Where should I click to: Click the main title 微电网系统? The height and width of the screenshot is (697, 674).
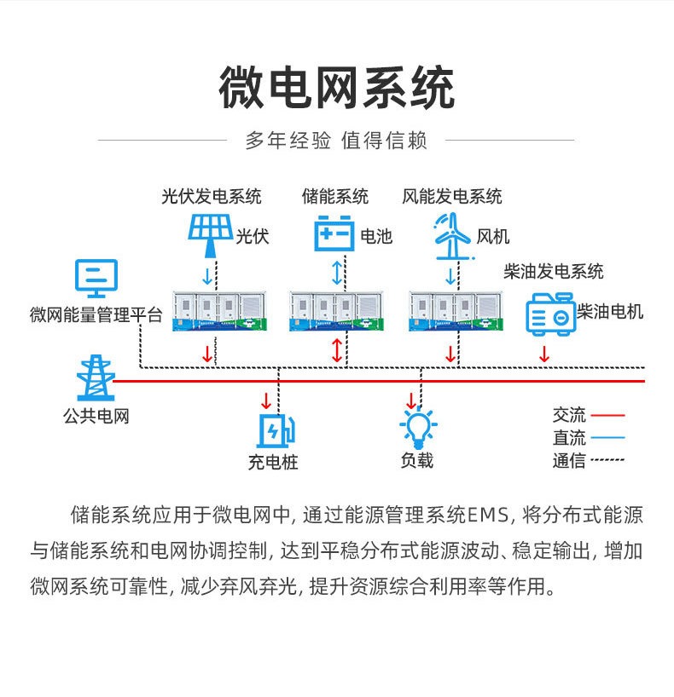tap(336, 89)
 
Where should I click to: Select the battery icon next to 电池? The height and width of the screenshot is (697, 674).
tap(334, 233)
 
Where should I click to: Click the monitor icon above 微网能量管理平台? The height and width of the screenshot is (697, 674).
tap(96, 279)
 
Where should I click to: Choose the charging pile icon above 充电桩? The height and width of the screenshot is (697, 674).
tap(276, 429)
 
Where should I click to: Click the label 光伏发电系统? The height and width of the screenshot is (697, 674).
tap(212, 197)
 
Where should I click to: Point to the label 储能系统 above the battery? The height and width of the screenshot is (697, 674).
tap(335, 197)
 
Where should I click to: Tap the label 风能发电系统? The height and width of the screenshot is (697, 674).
tap(452, 197)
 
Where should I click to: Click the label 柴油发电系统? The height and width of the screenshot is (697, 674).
tap(554, 272)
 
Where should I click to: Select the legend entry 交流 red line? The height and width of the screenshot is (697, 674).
tap(607, 416)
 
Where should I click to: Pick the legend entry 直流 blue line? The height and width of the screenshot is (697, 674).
tap(607, 438)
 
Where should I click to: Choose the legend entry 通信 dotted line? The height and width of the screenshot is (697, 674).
tap(607, 460)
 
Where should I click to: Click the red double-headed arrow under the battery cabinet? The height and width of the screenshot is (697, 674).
tap(337, 350)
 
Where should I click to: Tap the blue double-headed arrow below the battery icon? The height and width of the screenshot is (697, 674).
tap(337, 273)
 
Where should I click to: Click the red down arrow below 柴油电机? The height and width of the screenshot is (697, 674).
tap(544, 352)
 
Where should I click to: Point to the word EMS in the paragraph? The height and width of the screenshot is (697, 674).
tap(489, 516)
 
